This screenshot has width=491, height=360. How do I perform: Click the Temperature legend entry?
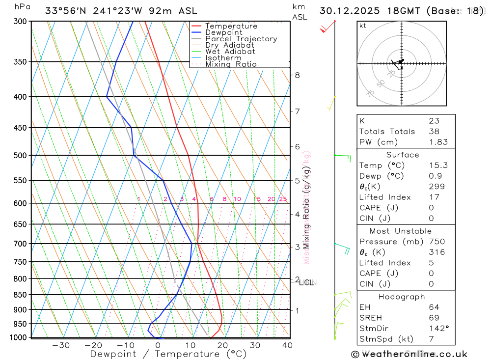231,26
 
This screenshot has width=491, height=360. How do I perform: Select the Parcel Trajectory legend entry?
241,39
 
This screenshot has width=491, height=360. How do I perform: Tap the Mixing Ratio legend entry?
231,64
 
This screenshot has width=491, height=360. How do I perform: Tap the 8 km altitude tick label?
297,75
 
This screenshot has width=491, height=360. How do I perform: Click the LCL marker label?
306,282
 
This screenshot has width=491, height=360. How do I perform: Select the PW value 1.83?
438,142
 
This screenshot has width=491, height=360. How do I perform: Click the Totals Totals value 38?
434,131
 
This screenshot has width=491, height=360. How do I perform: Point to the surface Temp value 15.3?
438,166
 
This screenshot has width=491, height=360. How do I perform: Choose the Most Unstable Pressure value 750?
436,242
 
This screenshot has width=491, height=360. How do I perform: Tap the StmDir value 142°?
438,329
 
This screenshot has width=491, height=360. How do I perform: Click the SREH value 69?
434,318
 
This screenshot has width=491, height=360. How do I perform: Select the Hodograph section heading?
402,297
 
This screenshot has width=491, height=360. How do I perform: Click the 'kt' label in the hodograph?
363,26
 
